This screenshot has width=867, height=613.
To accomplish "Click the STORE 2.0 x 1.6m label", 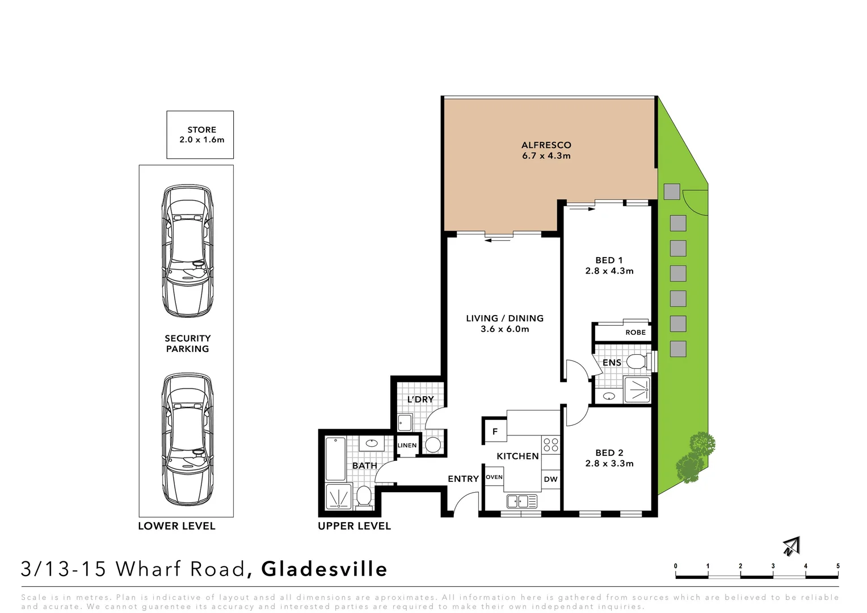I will coord(201,135).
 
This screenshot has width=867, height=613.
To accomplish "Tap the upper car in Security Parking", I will coord(188,251).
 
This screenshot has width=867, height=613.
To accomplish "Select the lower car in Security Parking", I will coord(188,440).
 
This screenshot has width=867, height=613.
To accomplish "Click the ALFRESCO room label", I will coord(546,150).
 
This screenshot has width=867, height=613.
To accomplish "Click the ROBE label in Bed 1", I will coord(635,332).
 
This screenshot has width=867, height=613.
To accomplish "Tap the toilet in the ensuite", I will coord(638,362).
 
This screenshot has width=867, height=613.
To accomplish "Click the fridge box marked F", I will coord(495,431).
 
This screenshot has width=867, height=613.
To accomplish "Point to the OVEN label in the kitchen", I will coord(494,477).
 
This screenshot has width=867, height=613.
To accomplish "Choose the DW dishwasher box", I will coord(550,479).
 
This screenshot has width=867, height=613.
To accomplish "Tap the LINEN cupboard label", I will coord(407,446).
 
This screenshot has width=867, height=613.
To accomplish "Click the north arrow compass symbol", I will coord(790,546).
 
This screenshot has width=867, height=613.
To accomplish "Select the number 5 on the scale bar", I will coord(837,566).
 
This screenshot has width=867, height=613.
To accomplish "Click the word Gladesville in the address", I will coord(324,569).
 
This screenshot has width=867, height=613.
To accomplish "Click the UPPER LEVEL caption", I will coord(354,526).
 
